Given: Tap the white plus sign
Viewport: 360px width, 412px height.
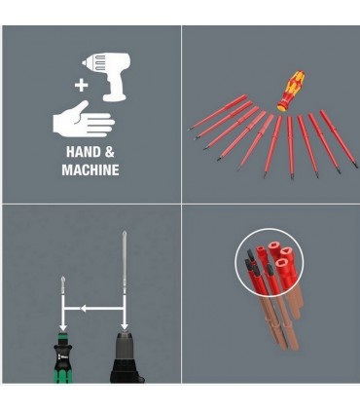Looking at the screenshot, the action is click(81, 86).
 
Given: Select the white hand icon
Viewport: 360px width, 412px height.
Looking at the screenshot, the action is click(84, 120).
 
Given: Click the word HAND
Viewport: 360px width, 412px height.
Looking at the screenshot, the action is click(83, 152).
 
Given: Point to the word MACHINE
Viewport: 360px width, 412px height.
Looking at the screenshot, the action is click(90, 170).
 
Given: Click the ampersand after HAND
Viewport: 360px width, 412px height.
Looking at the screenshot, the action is click(110, 152).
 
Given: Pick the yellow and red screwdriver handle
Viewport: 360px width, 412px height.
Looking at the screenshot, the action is click(290, 90).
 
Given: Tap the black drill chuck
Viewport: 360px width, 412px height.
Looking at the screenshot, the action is click(126, 358).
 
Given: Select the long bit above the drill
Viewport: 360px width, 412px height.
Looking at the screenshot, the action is click(125, 260).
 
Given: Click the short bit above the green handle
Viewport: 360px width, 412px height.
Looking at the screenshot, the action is click(62, 285).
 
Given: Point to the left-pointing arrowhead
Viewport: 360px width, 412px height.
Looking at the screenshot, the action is click(83, 309).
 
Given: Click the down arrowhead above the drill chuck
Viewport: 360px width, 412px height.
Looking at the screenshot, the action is click(125, 326).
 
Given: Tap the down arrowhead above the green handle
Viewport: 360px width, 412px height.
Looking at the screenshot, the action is click(63, 326).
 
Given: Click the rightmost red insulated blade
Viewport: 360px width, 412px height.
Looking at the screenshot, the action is click(339, 138).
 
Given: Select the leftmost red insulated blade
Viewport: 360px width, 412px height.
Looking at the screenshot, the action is click(217, 112).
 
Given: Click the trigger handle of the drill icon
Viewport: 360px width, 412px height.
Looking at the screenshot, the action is click(114, 88).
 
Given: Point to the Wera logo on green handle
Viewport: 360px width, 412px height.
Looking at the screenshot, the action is click(62, 356).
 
